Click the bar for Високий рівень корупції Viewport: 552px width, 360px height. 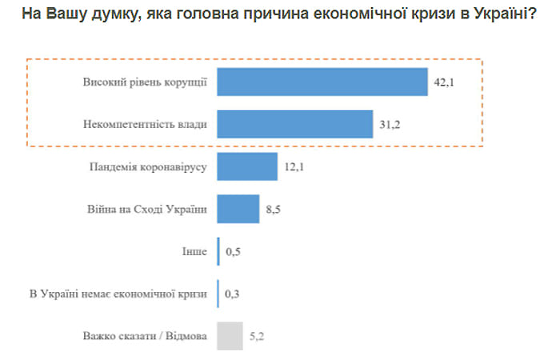point(323,82)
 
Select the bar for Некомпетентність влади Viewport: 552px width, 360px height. point(295,124)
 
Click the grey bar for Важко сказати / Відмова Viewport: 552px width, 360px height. point(230,336)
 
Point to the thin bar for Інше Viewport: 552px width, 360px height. point(218,252)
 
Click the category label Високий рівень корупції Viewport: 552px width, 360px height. point(144,82)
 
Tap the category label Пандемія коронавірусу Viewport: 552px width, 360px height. point(147,167)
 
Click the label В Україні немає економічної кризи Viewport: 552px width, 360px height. point(118,294)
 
